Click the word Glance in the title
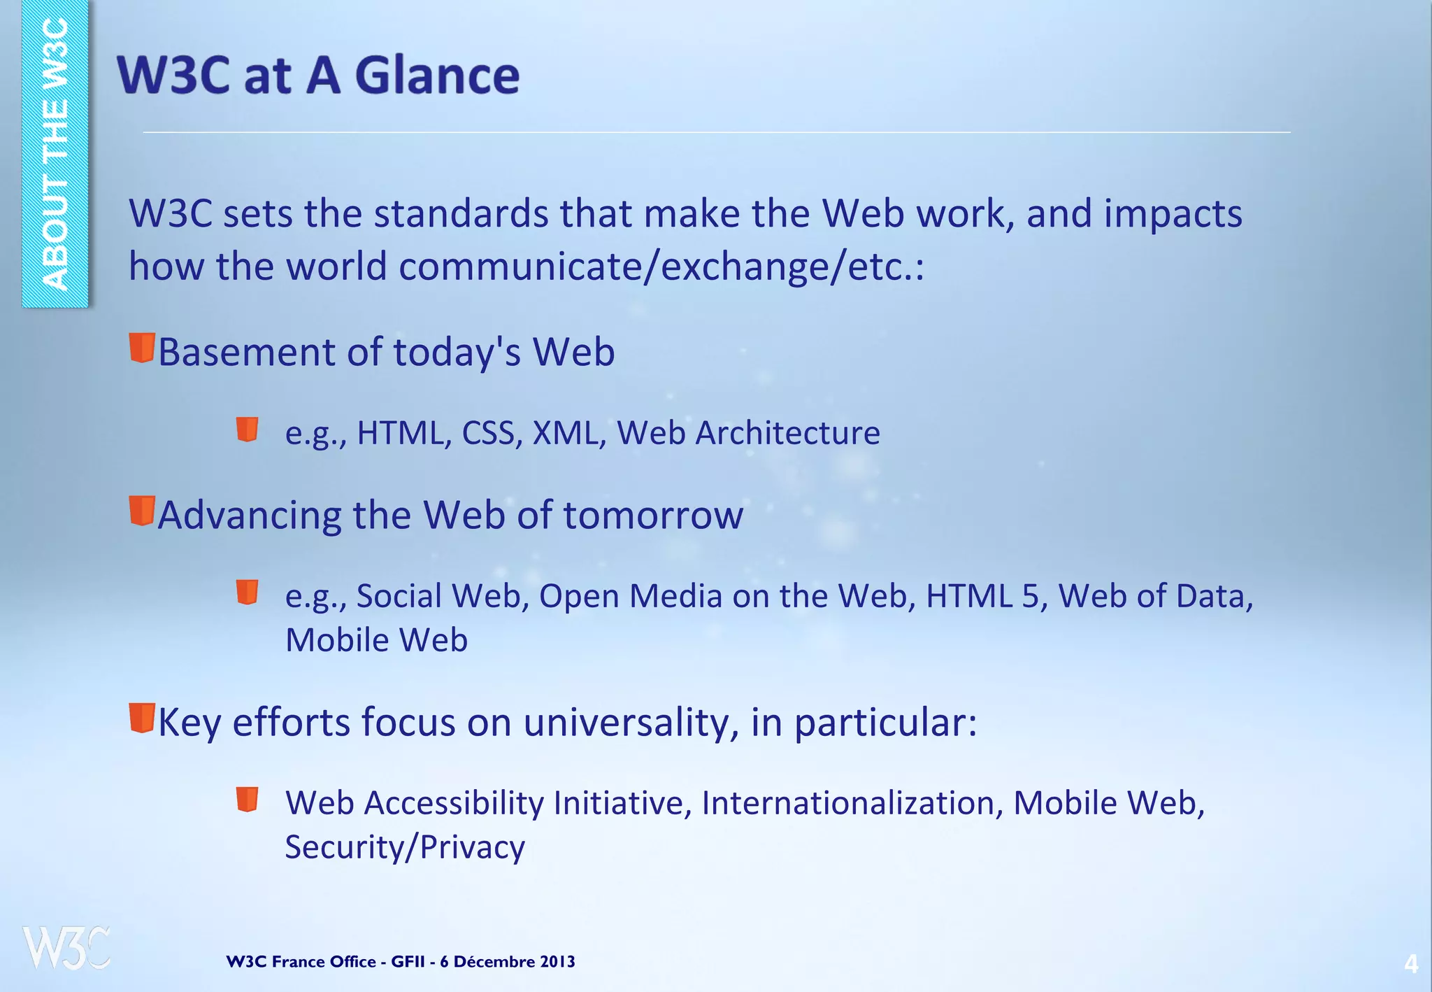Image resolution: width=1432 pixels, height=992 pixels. pyautogui.click(x=438, y=75)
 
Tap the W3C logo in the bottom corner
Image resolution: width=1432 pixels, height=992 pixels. pyautogui.click(x=67, y=948)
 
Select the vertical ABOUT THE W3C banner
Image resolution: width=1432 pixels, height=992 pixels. pyautogui.click(x=55, y=154)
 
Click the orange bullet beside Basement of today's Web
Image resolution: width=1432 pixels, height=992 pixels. pyautogui.click(x=142, y=348)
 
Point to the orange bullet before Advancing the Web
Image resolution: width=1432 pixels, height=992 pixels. pyautogui.click(x=142, y=511)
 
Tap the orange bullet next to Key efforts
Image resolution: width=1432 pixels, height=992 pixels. pyautogui.click(x=142, y=718)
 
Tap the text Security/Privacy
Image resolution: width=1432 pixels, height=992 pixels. pyautogui.click(x=405, y=847)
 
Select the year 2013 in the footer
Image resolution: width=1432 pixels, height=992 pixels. pyautogui.click(x=557, y=961)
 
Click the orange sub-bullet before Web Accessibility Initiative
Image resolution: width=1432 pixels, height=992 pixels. pyautogui.click(x=248, y=799)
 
